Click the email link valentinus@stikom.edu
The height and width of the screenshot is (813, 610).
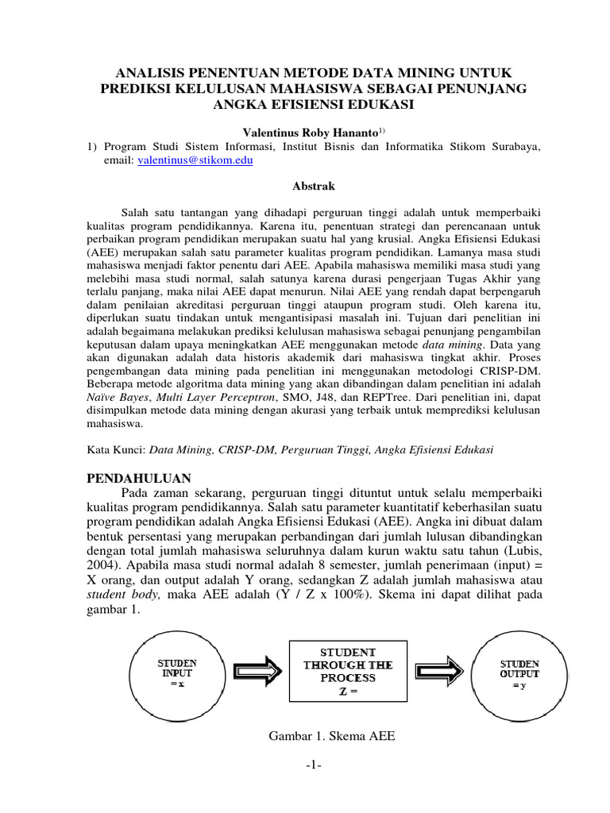[x=196, y=159]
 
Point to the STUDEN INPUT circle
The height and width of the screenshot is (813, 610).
[x=177, y=672]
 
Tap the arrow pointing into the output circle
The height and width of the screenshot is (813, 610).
[x=438, y=672]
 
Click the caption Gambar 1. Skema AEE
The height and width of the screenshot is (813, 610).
[x=333, y=736]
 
